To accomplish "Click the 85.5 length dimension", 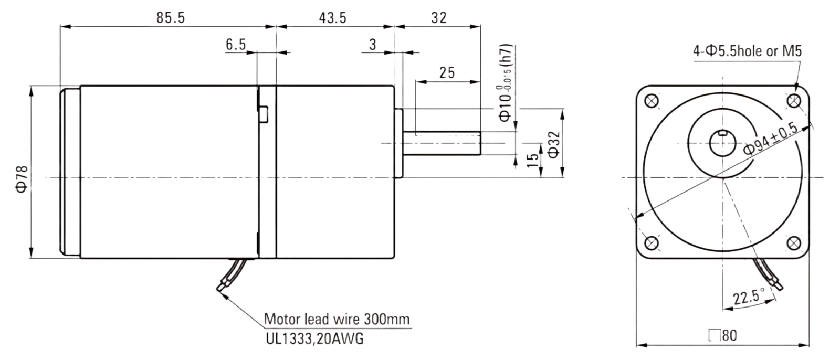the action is tap(171, 18).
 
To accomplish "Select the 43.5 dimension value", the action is tap(333, 18).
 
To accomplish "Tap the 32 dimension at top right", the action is tap(439, 18).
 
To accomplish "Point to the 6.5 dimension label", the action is tap(236, 44).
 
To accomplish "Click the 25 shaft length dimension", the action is tap(447, 73).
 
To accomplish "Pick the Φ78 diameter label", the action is tap(22, 179).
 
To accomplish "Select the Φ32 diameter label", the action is tap(554, 145).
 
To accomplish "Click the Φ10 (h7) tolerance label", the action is tap(505, 83).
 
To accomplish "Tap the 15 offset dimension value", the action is tap(532, 161).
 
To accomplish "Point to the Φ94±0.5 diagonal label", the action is tap(771, 139).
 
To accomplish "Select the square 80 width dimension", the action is tap(722, 335).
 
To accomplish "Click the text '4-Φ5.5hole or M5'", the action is tap(747, 50).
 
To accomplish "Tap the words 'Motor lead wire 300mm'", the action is tap(337, 319).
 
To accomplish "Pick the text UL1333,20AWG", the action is tap(314, 338).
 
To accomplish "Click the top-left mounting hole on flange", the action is tap(652, 101).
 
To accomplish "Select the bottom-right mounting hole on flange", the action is tap(794, 243).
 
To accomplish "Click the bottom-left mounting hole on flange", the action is tap(652, 243).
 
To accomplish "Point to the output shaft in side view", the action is tap(442, 143).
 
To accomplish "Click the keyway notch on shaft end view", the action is tap(722, 132).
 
